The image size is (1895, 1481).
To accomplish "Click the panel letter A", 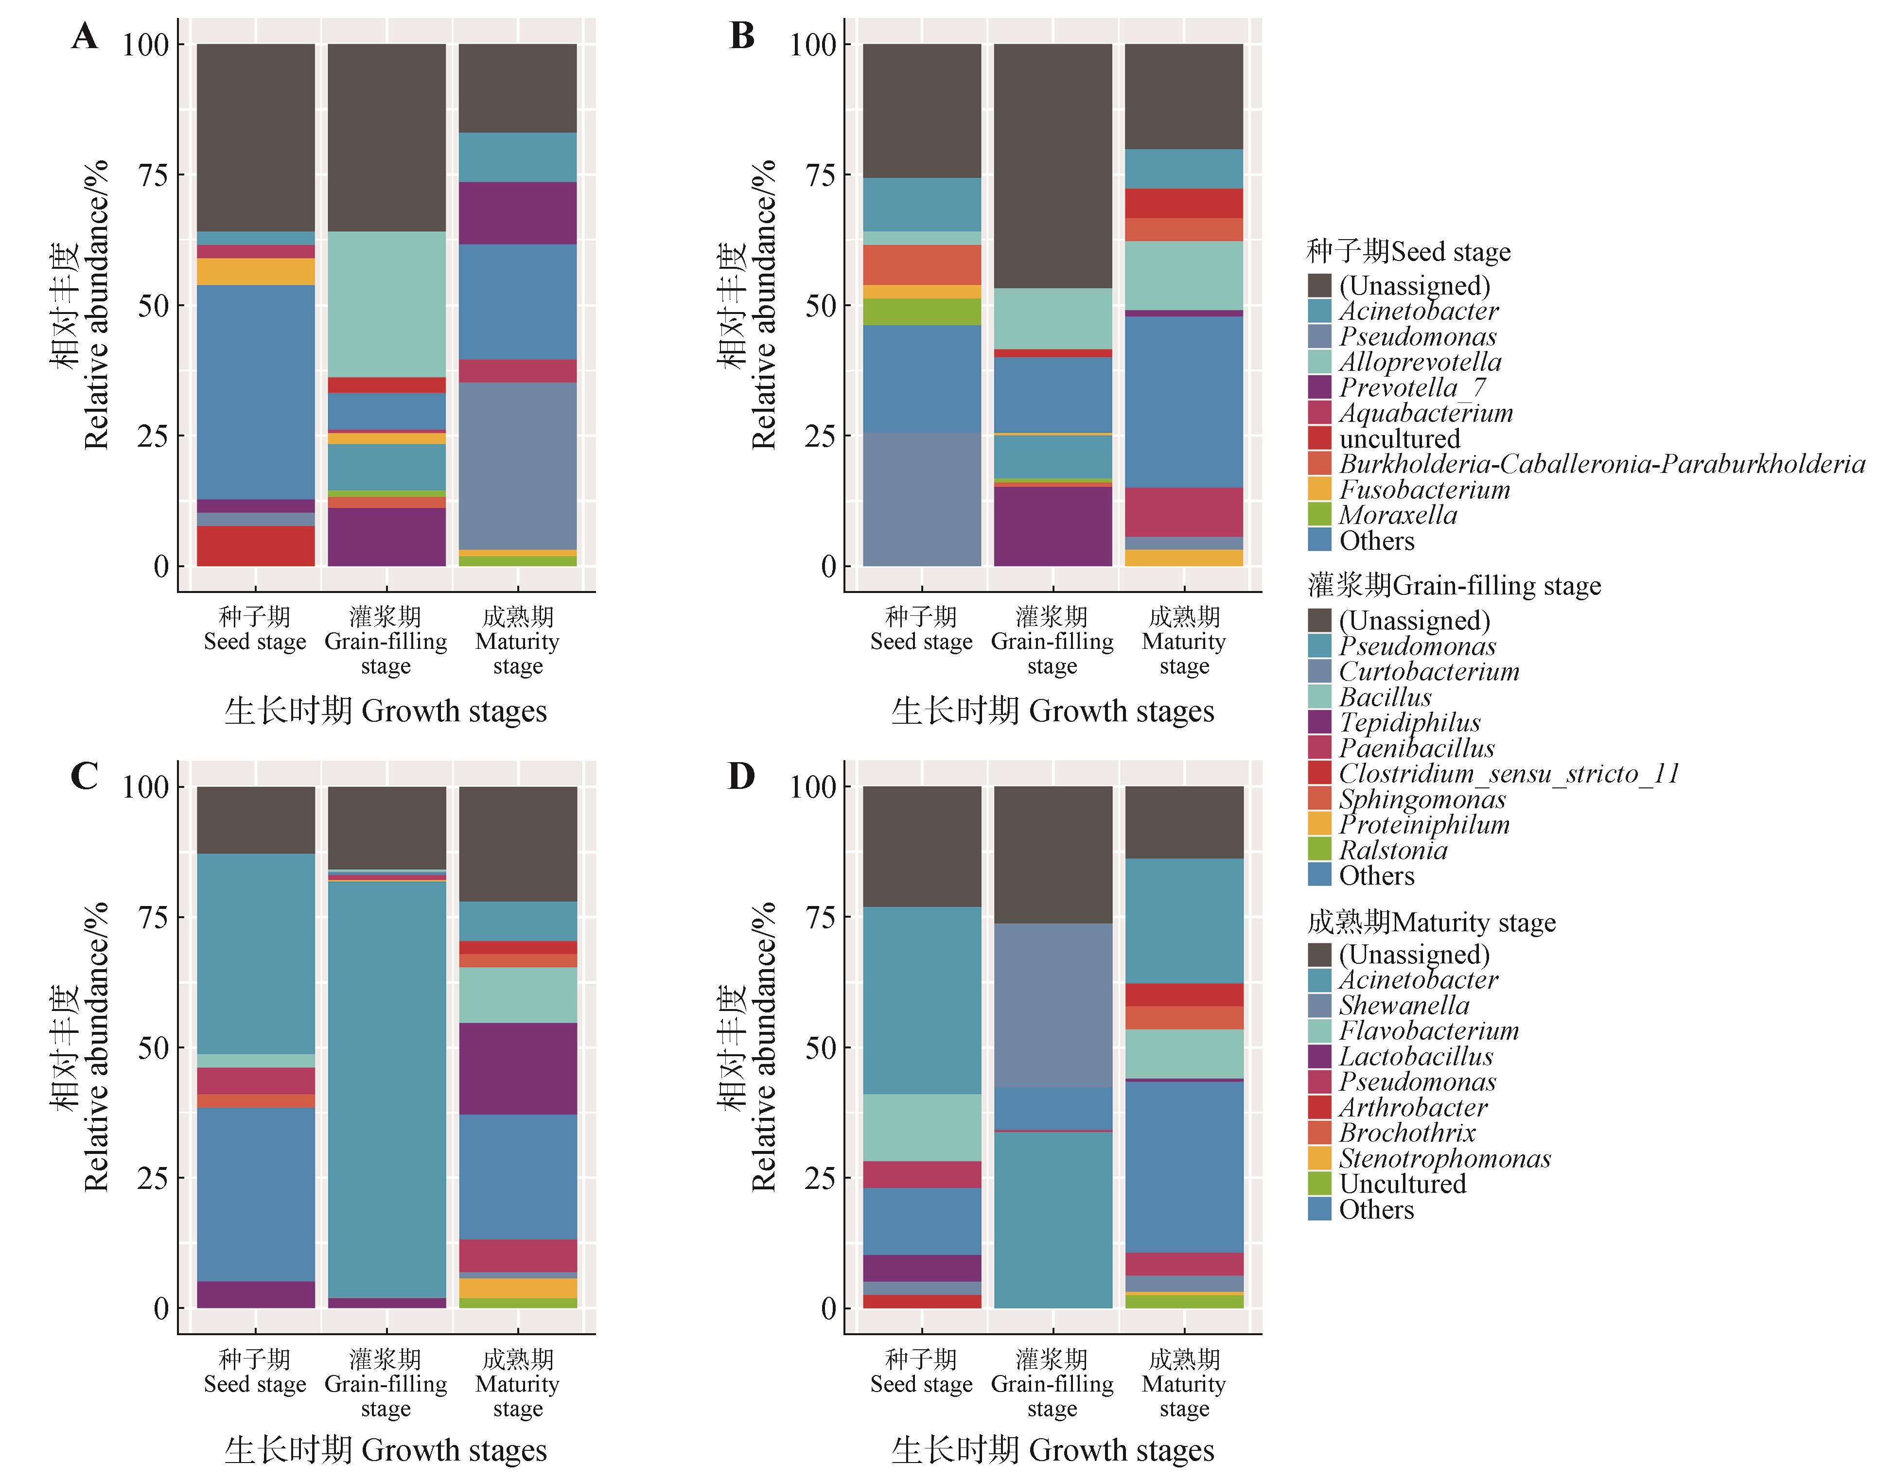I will pyautogui.click(x=84, y=36).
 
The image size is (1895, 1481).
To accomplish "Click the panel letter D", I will pyautogui.click(x=741, y=776).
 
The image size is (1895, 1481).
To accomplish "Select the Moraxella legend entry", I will pyautogui.click(x=1398, y=515).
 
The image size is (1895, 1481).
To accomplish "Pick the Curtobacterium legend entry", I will pyautogui.click(x=1428, y=672).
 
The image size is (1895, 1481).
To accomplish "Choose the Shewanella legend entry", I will pyautogui.click(x=1404, y=1006).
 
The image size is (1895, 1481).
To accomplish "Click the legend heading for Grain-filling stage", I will pyautogui.click(x=1454, y=586).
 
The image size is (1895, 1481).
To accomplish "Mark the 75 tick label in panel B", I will pyautogui.click(x=820, y=175).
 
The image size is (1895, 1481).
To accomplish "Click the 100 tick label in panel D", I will pyautogui.click(x=812, y=787).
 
